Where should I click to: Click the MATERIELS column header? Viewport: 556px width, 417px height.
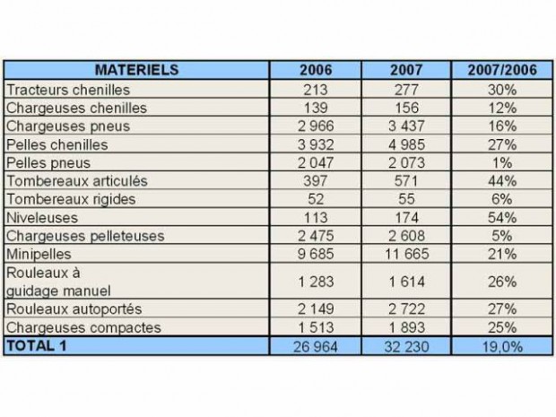(x=137, y=70)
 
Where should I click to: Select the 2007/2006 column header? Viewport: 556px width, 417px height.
(x=502, y=70)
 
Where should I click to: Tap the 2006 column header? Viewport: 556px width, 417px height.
(x=315, y=70)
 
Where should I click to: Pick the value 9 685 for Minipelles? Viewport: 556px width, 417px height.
(x=315, y=255)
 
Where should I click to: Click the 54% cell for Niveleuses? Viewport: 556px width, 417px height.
(x=502, y=218)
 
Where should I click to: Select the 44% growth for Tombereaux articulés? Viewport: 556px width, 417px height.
(x=502, y=181)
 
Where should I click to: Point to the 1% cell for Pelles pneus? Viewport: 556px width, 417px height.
(x=502, y=162)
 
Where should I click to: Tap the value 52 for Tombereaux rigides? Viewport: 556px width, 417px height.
(x=315, y=199)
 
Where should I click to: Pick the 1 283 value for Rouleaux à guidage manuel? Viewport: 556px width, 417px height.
(x=315, y=281)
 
